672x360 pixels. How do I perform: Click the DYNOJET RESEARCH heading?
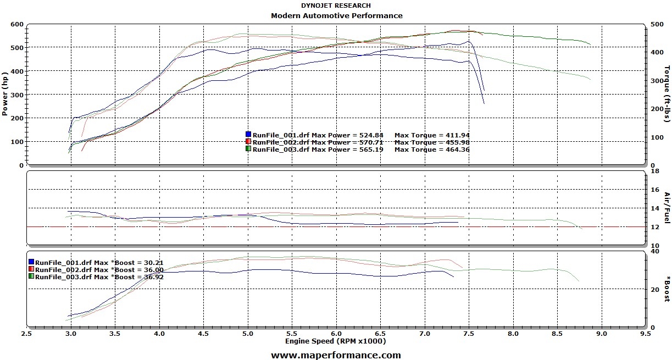(336, 5)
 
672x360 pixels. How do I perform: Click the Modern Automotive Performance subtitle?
(336, 15)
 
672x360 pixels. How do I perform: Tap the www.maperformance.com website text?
(336, 355)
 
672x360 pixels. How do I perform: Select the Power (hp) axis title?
(5, 94)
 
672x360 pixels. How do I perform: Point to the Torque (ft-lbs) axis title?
(667, 94)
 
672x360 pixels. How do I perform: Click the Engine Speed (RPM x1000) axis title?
(335, 341)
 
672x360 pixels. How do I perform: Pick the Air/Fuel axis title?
(667, 207)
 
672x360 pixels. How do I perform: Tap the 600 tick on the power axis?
(16, 24)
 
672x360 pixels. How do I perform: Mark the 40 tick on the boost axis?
(654, 251)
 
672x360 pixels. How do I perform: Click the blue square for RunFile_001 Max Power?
(248, 135)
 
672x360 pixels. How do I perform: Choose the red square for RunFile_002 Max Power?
(248, 142)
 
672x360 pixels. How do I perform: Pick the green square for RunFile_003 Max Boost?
(31, 276)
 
